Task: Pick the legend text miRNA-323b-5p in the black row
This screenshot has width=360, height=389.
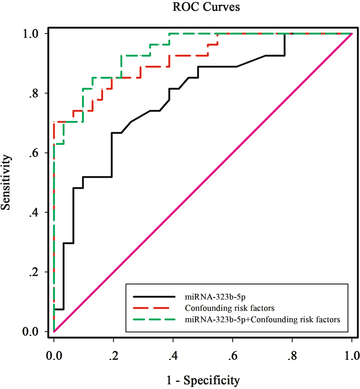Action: coord(207,297)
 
